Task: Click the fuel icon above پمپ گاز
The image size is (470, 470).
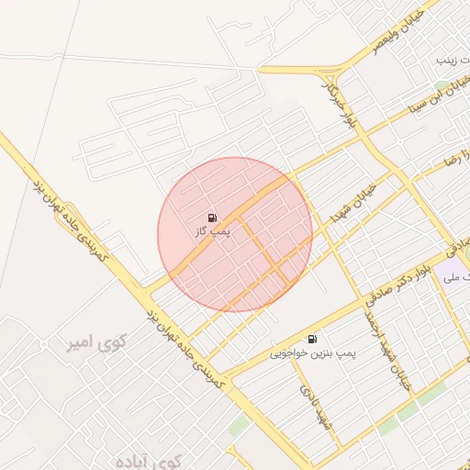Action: pyautogui.click(x=212, y=218)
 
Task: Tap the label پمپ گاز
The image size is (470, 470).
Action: pyautogui.click(x=212, y=232)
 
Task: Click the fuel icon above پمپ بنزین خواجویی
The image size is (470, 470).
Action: pyautogui.click(x=313, y=339)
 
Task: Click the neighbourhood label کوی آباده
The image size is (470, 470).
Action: pyautogui.click(x=152, y=460)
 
